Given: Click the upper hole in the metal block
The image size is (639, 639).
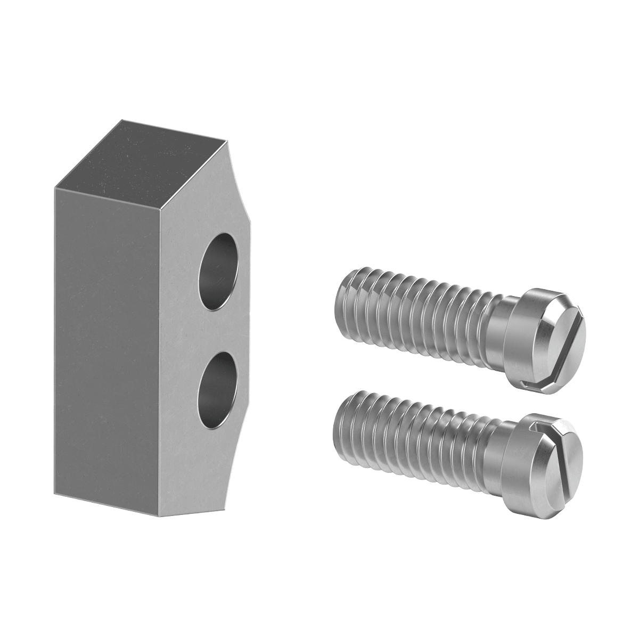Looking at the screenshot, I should coord(218,272).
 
